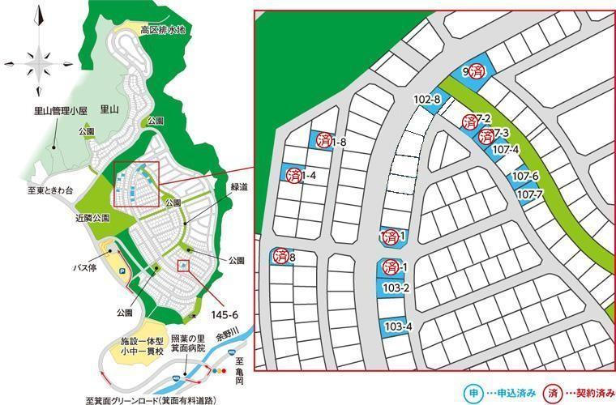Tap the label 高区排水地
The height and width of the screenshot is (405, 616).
[x=163, y=31]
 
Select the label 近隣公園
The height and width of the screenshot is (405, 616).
[x=68, y=218]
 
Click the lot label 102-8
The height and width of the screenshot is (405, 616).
[x=426, y=100]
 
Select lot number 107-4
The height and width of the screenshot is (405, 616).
[x=505, y=149]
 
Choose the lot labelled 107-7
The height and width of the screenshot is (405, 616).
[x=528, y=194]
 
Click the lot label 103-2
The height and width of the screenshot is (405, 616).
[x=396, y=288]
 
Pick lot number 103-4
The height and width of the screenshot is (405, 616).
[x=398, y=326]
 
